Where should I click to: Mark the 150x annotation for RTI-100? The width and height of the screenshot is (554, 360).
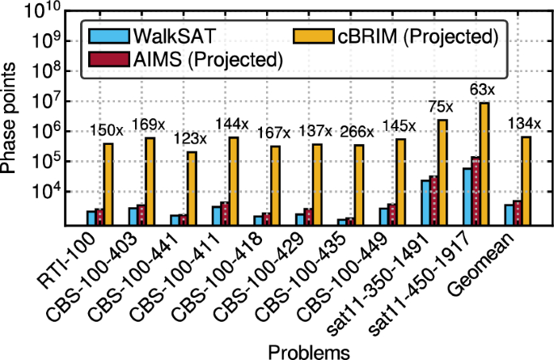107,130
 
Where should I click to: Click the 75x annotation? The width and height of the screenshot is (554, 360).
442,106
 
